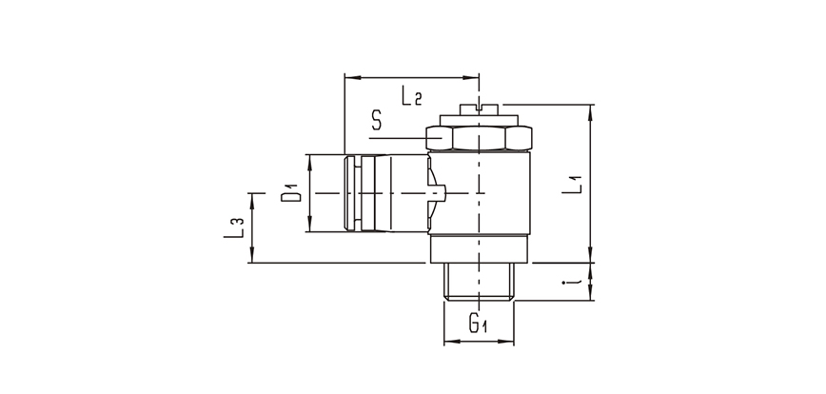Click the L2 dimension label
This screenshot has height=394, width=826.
(x=412, y=95)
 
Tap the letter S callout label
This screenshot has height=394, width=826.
(x=378, y=121)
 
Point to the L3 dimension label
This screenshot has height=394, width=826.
(x=238, y=227)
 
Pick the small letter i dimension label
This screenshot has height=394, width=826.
(x=571, y=281)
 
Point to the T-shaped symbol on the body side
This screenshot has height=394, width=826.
(x=435, y=192)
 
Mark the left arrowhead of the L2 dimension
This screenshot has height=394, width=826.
(x=348, y=75)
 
